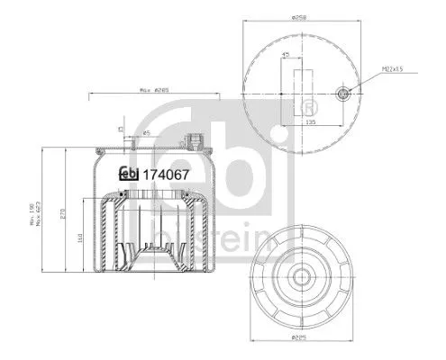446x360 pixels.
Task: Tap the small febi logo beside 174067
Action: (x=130, y=175)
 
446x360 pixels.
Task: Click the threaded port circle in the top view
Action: (x=342, y=94)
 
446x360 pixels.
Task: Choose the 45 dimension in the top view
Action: (x=287, y=55)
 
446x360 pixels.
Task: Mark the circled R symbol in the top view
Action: (x=297, y=108)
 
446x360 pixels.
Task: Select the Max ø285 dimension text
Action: (x=155, y=90)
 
